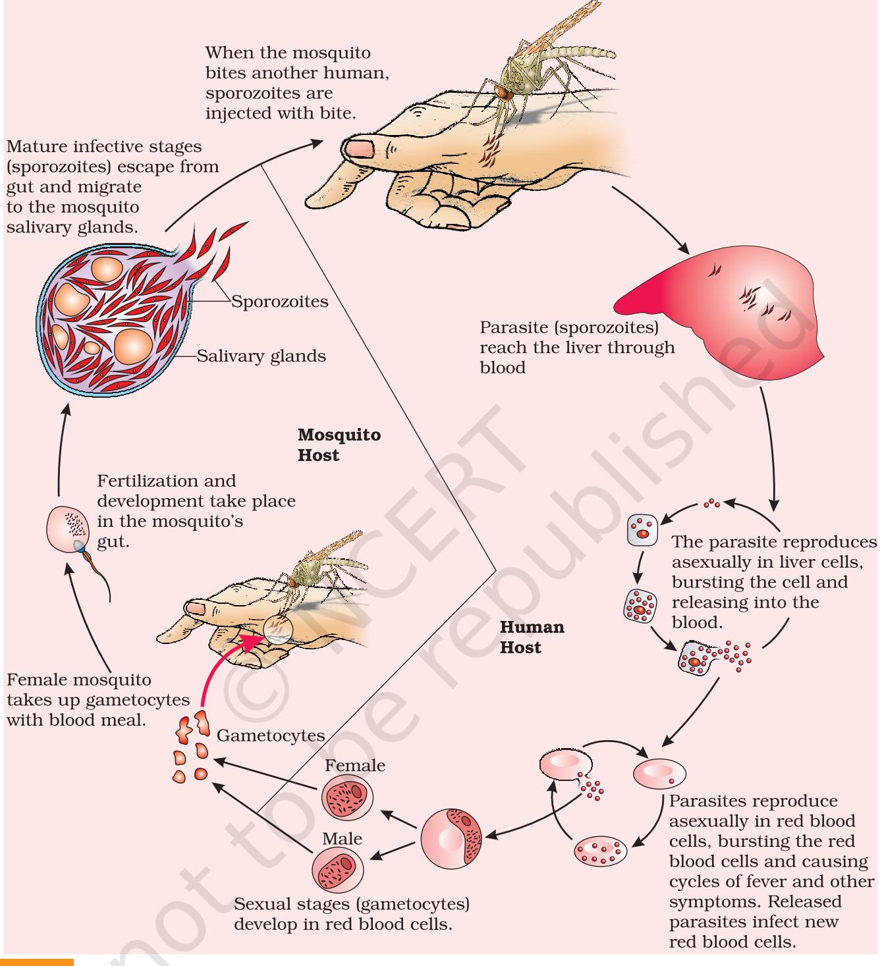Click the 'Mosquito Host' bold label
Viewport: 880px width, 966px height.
click(x=339, y=444)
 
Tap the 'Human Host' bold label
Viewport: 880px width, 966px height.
click(x=532, y=637)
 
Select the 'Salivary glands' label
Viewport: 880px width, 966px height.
click(x=261, y=356)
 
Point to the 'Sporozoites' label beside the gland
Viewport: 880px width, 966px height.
click(x=279, y=302)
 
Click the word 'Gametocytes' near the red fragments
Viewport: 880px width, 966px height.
click(x=271, y=736)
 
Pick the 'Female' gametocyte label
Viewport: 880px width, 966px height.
click(x=355, y=765)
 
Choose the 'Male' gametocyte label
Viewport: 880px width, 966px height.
click(x=342, y=838)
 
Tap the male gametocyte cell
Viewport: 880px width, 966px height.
click(x=337, y=870)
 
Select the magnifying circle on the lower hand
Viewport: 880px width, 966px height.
click(x=278, y=630)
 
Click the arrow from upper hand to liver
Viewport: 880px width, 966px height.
click(x=651, y=219)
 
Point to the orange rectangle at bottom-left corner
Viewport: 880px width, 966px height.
click(x=37, y=961)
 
